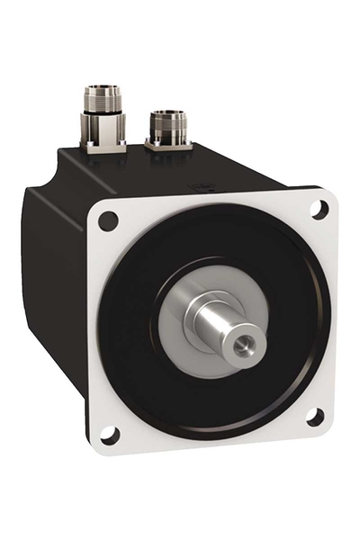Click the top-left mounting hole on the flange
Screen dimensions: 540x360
[x=109, y=220]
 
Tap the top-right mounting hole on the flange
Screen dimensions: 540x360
[x=317, y=209]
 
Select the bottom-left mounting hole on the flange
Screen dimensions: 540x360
[x=108, y=435]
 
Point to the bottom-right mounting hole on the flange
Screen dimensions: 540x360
[x=314, y=417]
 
